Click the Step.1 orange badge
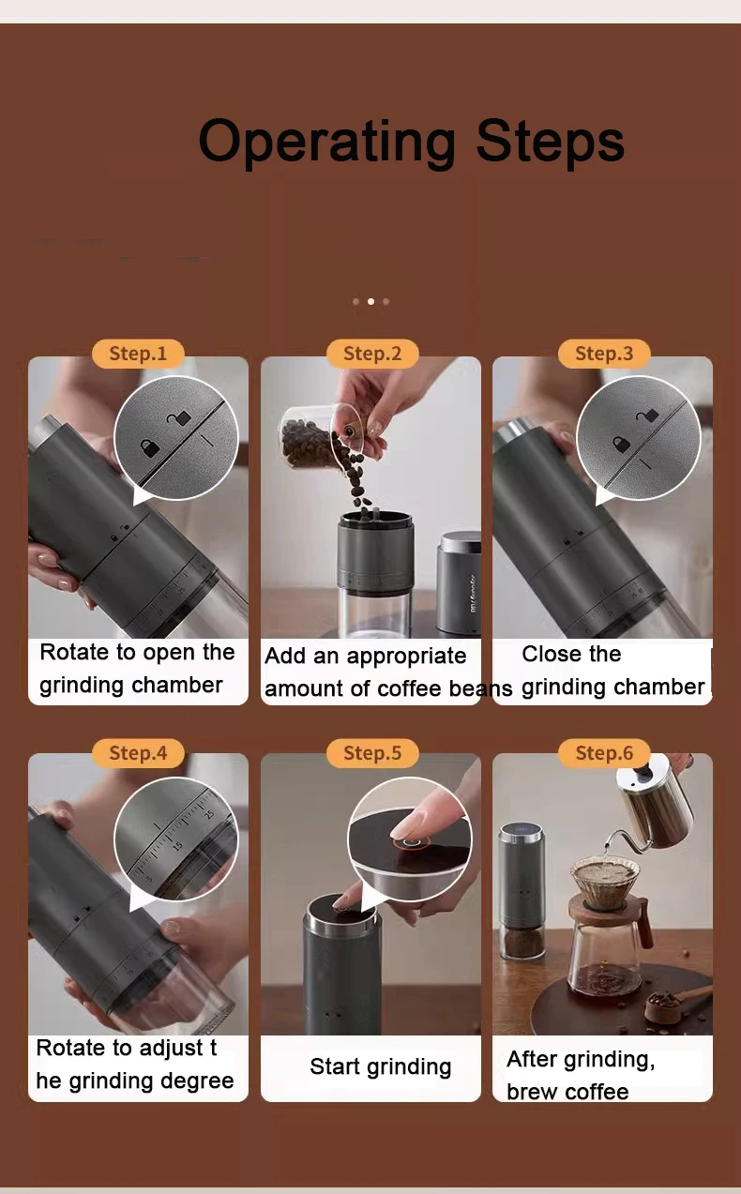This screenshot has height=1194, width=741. (138, 354)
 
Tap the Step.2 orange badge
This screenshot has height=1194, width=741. (371, 354)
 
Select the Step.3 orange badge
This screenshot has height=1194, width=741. (604, 354)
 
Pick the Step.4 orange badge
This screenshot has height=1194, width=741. (138, 753)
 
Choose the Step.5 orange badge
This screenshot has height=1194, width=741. (371, 753)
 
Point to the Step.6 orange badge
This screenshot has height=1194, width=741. (604, 753)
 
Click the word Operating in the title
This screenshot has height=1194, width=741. (327, 142)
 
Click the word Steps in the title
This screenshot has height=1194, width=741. (550, 142)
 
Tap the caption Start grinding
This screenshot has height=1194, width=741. (380, 1066)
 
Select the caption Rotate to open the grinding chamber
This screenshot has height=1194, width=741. (137, 669)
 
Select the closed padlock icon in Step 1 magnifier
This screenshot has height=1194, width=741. (149, 447)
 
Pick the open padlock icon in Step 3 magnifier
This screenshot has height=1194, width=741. (646, 414)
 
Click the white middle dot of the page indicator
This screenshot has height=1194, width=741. (370, 302)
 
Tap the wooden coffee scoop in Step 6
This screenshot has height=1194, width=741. (680, 999)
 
